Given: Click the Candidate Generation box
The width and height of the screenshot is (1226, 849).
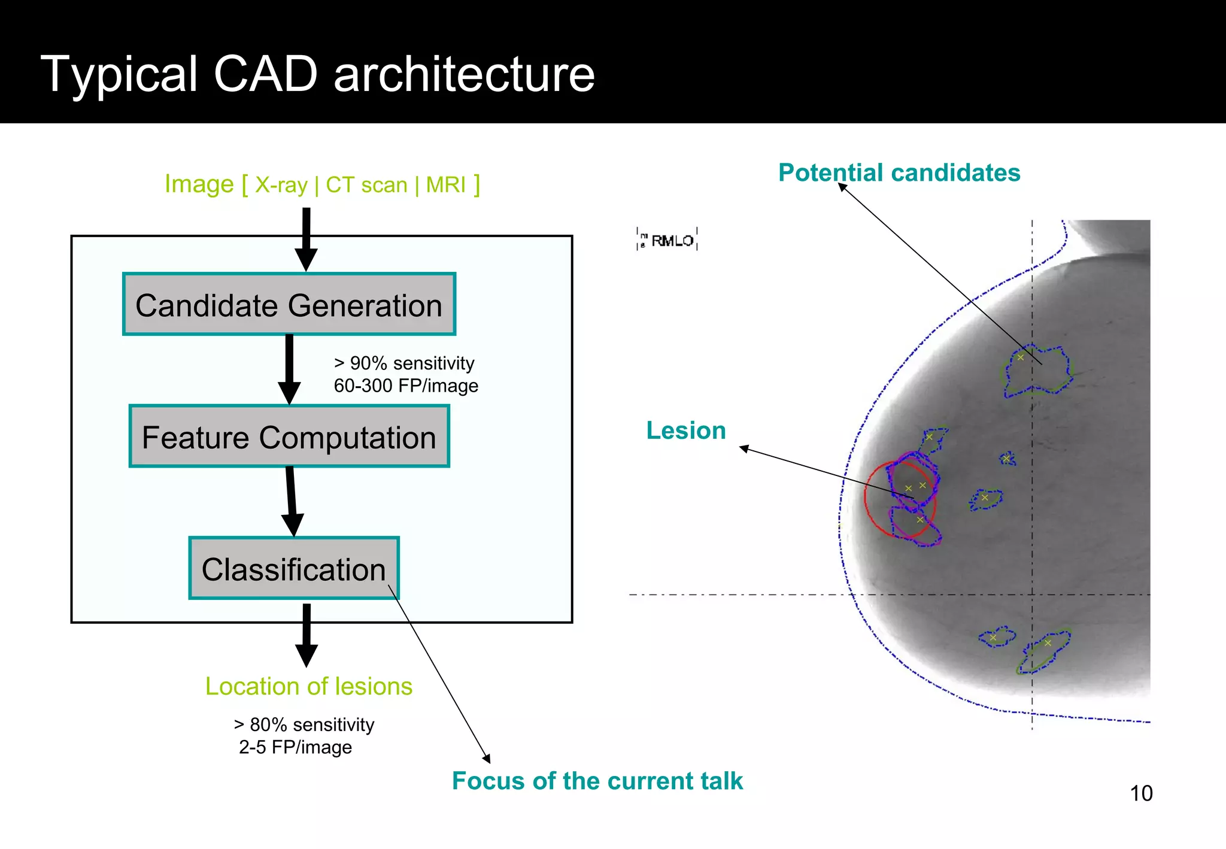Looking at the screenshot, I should click(289, 304).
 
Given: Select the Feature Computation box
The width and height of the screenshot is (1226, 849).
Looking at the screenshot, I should click(289, 436).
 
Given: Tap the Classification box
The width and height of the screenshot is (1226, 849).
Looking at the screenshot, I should click(293, 568).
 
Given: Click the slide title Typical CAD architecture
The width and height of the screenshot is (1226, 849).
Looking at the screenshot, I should click(318, 74).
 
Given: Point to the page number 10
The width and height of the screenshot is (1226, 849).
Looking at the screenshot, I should click(1140, 793).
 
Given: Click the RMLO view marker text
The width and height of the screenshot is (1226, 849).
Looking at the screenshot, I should click(672, 241).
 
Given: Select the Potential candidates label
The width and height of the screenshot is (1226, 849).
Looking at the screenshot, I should click(899, 173).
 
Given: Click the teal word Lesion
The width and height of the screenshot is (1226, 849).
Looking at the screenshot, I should click(686, 430).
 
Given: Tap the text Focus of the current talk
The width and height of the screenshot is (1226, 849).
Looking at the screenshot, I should click(597, 781).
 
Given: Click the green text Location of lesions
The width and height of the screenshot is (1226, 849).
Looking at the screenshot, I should click(309, 686).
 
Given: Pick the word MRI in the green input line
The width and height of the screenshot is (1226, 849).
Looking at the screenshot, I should click(445, 185).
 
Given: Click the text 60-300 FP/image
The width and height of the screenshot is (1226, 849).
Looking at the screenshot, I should click(406, 386).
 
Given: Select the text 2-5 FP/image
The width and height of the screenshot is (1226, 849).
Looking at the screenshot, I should click(295, 747).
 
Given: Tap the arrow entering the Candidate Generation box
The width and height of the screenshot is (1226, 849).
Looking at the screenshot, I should click(306, 239).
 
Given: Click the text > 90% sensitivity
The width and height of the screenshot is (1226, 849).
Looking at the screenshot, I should click(404, 363).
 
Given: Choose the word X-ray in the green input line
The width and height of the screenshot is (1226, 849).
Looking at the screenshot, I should click(281, 185).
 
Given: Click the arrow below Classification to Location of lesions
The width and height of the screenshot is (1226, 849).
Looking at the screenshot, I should click(306, 636).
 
